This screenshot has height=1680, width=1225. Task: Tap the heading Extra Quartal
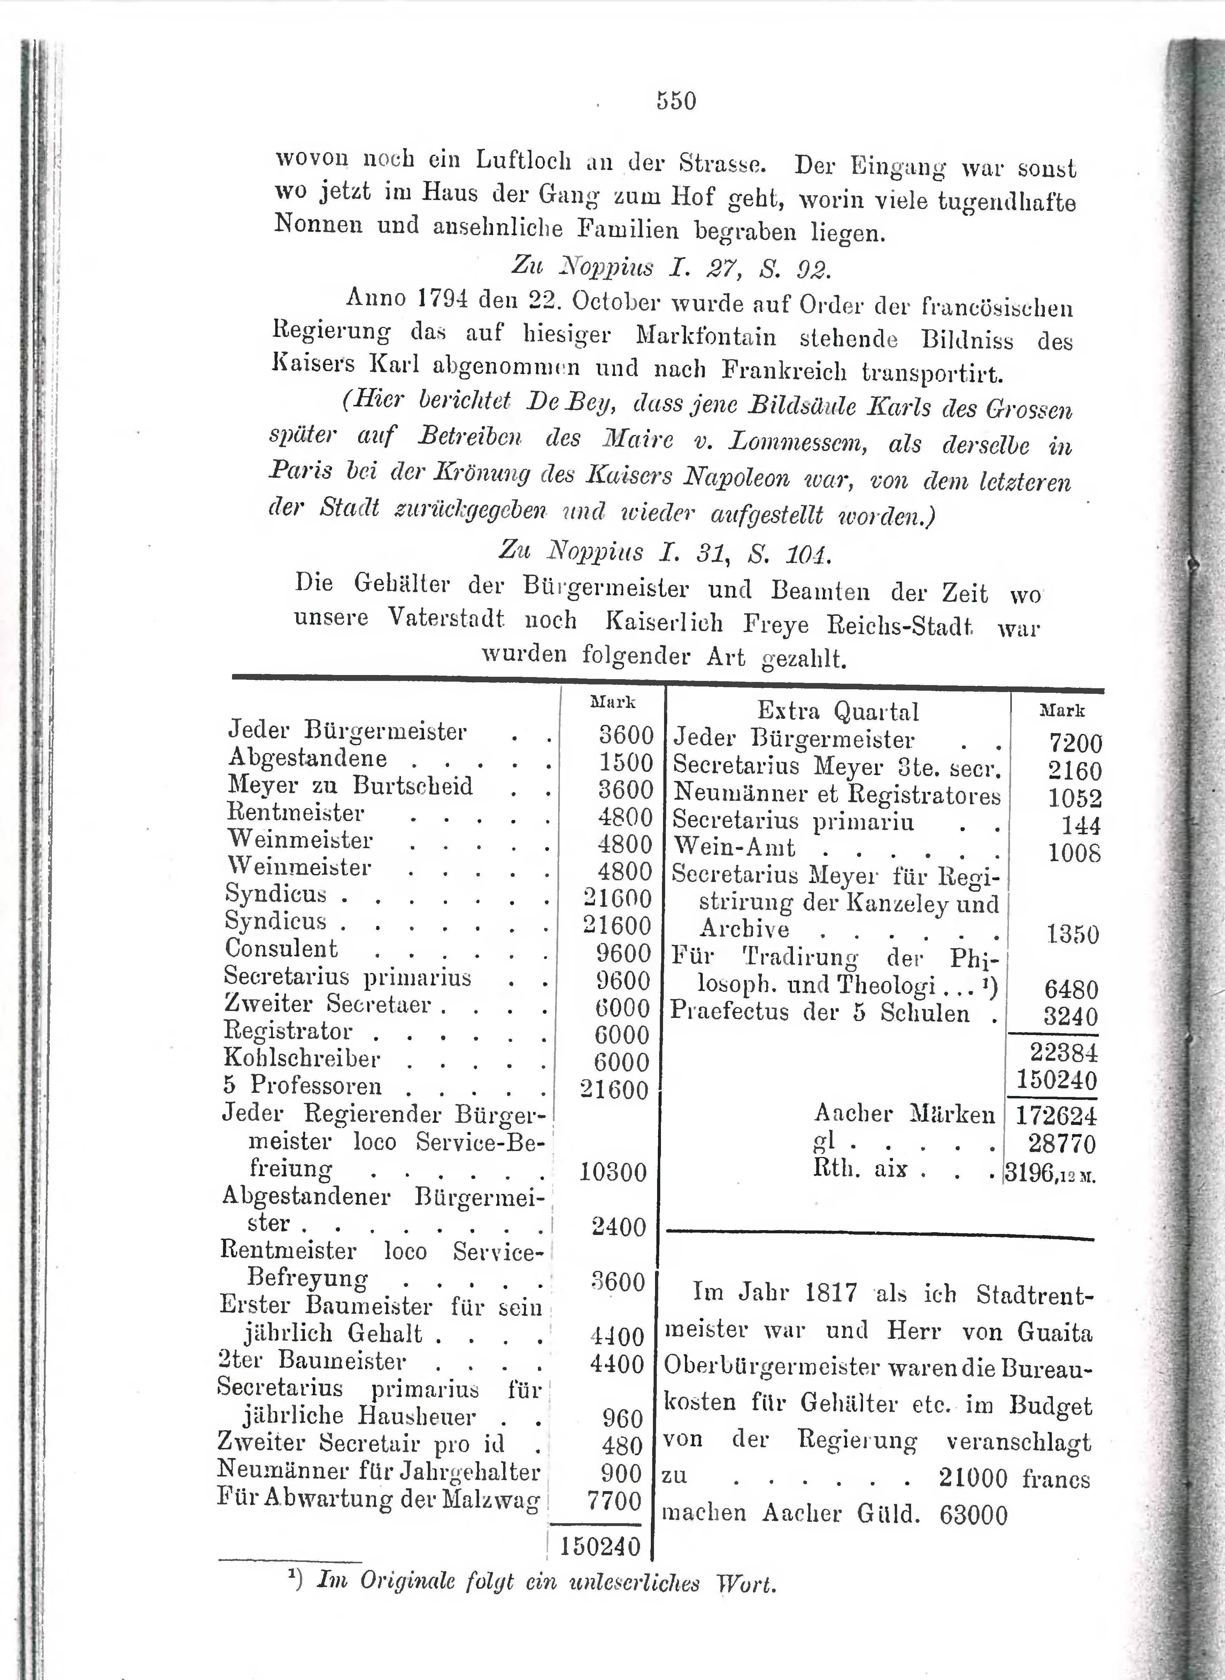(838, 711)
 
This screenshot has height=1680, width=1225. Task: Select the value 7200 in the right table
(1075, 743)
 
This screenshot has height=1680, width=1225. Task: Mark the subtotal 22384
(1063, 1052)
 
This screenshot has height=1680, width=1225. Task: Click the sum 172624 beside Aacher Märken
(1056, 1115)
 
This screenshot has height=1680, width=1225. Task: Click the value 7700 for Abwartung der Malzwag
(614, 1501)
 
